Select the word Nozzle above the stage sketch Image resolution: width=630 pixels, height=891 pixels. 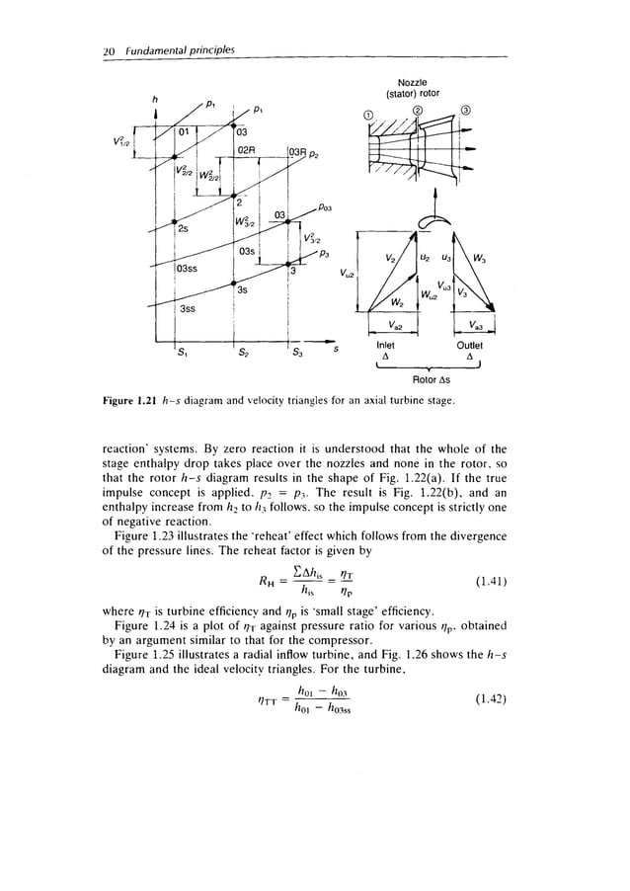[x=420, y=73]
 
